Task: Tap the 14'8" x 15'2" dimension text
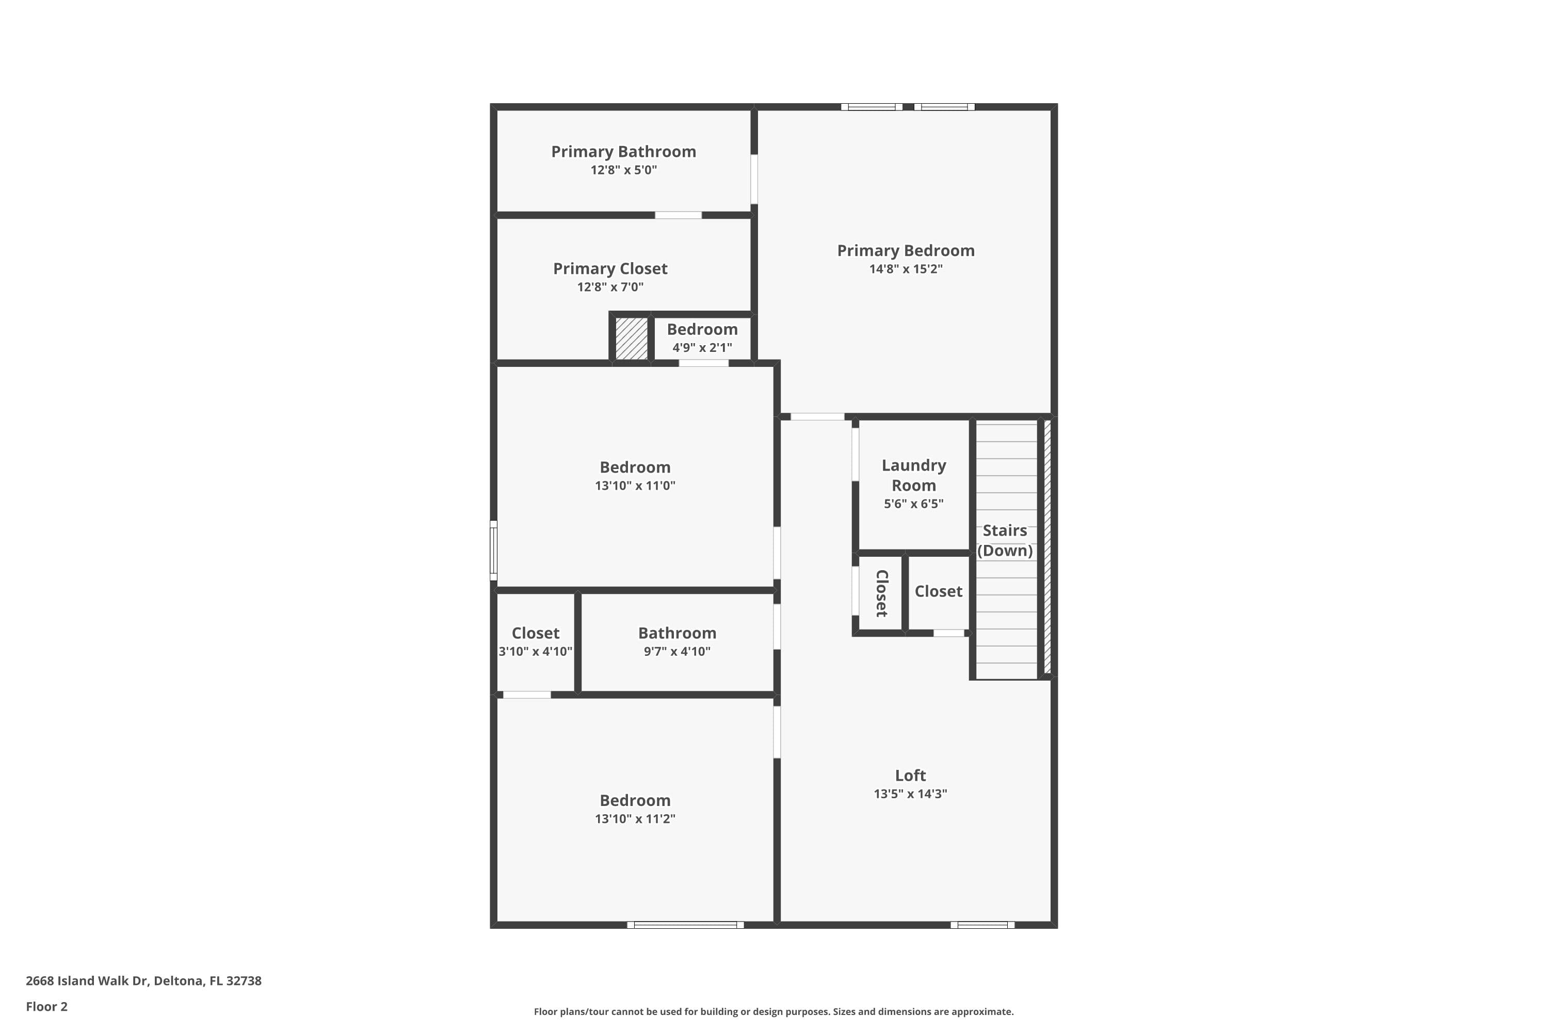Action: pyautogui.click(x=906, y=268)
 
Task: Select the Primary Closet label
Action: pyautogui.click(x=610, y=268)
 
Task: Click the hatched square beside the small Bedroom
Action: pyautogui.click(x=631, y=339)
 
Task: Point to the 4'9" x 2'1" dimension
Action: pyautogui.click(x=702, y=347)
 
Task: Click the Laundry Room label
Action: pyautogui.click(x=913, y=475)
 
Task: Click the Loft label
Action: pyautogui.click(x=910, y=776)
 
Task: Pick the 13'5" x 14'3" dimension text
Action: pyautogui.click(x=910, y=794)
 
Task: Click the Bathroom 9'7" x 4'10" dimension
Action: pyautogui.click(x=676, y=652)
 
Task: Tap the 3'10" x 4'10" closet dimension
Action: pyautogui.click(x=535, y=652)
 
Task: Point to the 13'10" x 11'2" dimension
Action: pyautogui.click(x=635, y=819)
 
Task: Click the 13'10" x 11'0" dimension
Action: pyautogui.click(x=635, y=486)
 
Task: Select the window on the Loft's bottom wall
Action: pyautogui.click(x=982, y=925)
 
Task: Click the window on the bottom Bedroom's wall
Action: pyautogui.click(x=685, y=925)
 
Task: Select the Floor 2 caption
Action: pyautogui.click(x=47, y=1006)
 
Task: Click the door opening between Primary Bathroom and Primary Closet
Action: pyautogui.click(x=678, y=215)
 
